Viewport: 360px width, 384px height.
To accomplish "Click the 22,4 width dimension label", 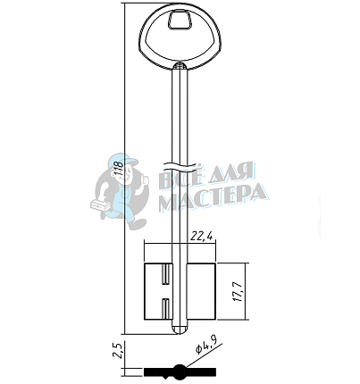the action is [202, 237].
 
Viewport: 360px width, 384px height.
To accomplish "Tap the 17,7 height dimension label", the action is [239, 291].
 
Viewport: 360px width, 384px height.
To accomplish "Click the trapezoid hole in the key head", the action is [180, 20].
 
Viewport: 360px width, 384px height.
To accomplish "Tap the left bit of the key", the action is [158, 292].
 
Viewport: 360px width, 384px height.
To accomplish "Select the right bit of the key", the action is [201, 292].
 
